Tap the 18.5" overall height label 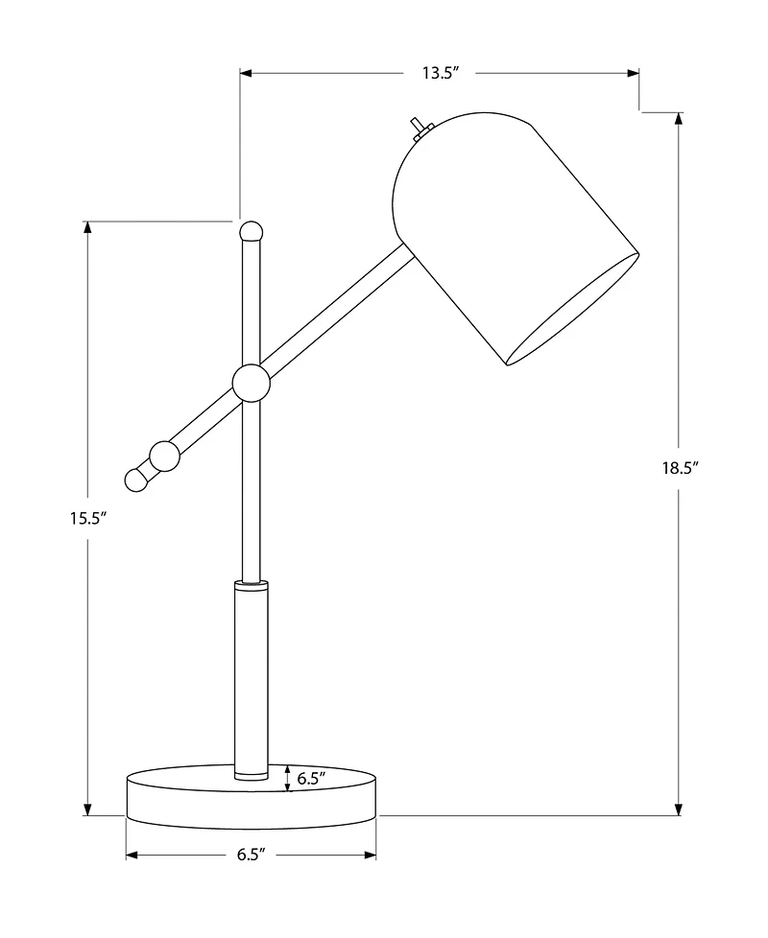tap(679, 468)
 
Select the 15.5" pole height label tap(86, 518)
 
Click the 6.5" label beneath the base tap(251, 855)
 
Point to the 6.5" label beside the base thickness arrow tap(311, 778)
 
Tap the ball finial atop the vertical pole tap(251, 230)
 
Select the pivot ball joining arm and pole tap(251, 384)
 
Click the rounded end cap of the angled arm tap(138, 478)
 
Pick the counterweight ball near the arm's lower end tap(164, 456)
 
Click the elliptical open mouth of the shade tap(572, 310)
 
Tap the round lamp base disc tap(251, 794)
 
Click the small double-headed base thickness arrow tap(288, 778)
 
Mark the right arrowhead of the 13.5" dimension tap(633, 73)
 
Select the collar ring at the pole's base tap(251, 771)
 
